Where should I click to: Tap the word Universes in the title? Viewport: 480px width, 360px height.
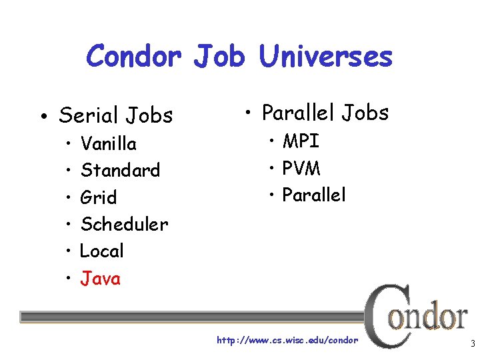(325, 56)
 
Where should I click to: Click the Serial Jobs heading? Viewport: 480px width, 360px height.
(115, 115)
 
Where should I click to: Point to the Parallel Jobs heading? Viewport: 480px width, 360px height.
(325, 113)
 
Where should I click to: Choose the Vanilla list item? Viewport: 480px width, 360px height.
(108, 143)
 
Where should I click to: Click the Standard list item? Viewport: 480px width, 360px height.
(120, 170)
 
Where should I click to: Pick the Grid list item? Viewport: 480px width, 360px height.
(98, 197)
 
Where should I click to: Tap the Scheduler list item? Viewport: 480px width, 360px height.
(124, 224)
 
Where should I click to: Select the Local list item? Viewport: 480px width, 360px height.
(101, 251)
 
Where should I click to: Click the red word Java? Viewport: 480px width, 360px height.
(100, 278)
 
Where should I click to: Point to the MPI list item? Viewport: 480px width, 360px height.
(301, 141)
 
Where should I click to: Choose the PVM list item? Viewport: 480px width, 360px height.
(301, 168)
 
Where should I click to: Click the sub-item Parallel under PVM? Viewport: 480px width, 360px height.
(314, 195)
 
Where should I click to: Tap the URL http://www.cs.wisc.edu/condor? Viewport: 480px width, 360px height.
(287, 341)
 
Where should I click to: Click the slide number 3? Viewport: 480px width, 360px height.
(472, 345)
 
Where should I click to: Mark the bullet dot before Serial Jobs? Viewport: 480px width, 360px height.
(42, 118)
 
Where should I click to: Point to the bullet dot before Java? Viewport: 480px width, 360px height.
(69, 279)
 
